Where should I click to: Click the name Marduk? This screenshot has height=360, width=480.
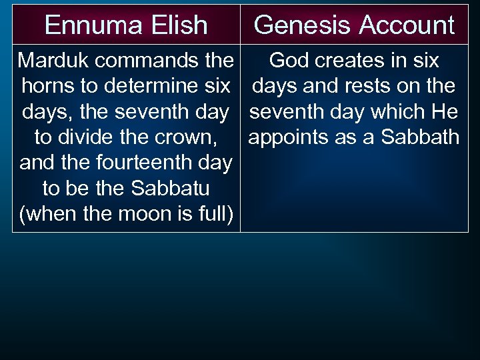tap(52, 61)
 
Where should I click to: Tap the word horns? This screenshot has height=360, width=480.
tap(47, 86)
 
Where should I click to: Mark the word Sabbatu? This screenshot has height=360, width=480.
tap(171, 189)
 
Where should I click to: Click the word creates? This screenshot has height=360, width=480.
tap(351, 61)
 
